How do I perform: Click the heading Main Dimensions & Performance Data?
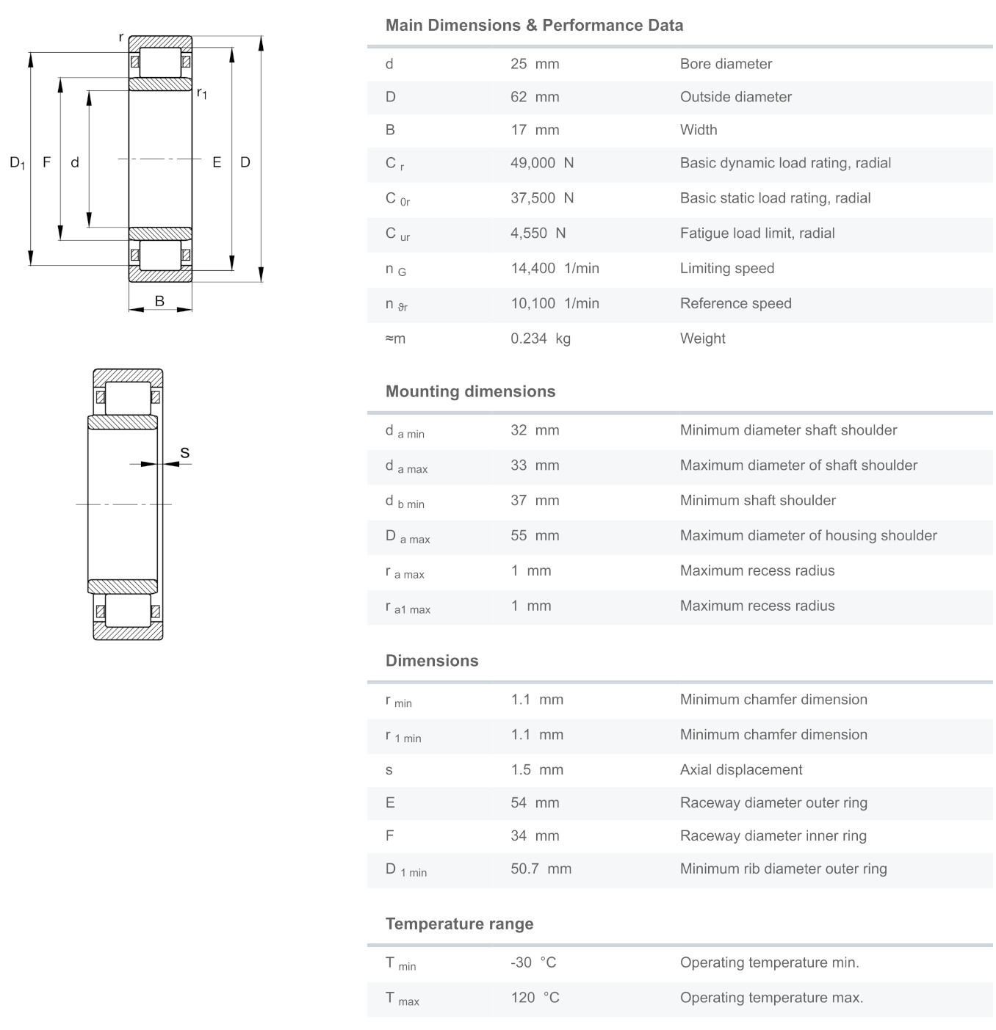(534, 26)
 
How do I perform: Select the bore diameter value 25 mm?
(535, 64)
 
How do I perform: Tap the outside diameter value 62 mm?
(535, 97)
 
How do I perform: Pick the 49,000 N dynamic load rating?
(542, 163)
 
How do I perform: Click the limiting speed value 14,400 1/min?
(555, 269)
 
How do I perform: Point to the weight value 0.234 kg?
(540, 338)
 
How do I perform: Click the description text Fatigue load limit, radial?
(757, 233)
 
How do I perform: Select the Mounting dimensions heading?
(470, 391)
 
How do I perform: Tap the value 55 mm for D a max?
(535, 536)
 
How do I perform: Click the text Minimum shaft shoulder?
(758, 501)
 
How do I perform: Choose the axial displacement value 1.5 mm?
(537, 770)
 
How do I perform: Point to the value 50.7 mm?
(541, 869)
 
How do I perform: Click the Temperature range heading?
(459, 924)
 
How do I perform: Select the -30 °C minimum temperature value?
(533, 962)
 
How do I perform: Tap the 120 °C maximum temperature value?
(535, 998)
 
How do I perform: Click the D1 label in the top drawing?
(17, 162)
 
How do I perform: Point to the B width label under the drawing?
(159, 301)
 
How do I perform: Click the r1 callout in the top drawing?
(201, 93)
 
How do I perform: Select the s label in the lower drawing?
(185, 453)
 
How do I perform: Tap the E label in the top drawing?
(217, 162)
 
